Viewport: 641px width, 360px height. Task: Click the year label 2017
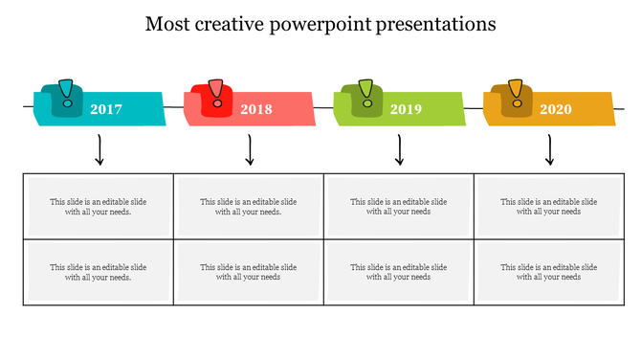coord(106,109)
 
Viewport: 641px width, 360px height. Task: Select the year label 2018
coord(256,109)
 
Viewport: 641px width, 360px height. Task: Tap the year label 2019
coord(406,109)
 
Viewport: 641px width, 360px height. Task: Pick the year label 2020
coord(556,109)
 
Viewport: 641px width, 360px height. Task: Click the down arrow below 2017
coord(99,150)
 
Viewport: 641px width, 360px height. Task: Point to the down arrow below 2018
coord(249,150)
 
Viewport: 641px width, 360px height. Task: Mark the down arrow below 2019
coord(399,150)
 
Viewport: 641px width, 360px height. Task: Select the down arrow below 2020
coord(549,150)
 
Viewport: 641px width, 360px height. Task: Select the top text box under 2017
coord(99,207)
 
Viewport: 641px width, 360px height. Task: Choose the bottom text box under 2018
coord(249,272)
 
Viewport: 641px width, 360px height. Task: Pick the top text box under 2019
coord(399,207)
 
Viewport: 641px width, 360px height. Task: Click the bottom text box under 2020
coord(549,272)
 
